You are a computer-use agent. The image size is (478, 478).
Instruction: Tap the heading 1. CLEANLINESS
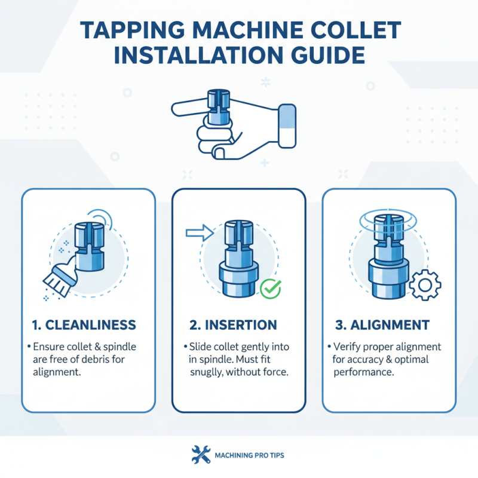83,325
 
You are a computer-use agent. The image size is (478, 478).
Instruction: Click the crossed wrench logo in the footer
200,455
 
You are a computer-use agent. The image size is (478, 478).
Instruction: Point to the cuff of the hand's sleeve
287,125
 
